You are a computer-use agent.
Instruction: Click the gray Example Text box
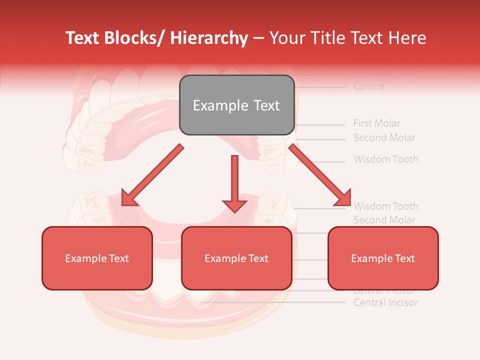236,105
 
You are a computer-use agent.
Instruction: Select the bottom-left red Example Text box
97,258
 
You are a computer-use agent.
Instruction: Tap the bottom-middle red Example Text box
236,258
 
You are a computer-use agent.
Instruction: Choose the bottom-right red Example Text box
383,258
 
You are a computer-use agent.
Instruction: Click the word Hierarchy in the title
209,38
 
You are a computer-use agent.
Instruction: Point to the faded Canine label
369,86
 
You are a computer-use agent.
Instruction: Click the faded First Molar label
376,123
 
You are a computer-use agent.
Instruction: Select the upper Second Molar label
384,137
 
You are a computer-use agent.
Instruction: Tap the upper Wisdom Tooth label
386,159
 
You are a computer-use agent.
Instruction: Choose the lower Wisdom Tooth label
386,206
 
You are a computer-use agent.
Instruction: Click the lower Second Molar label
384,220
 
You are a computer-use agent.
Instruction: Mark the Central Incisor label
385,302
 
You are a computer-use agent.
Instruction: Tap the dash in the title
258,38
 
